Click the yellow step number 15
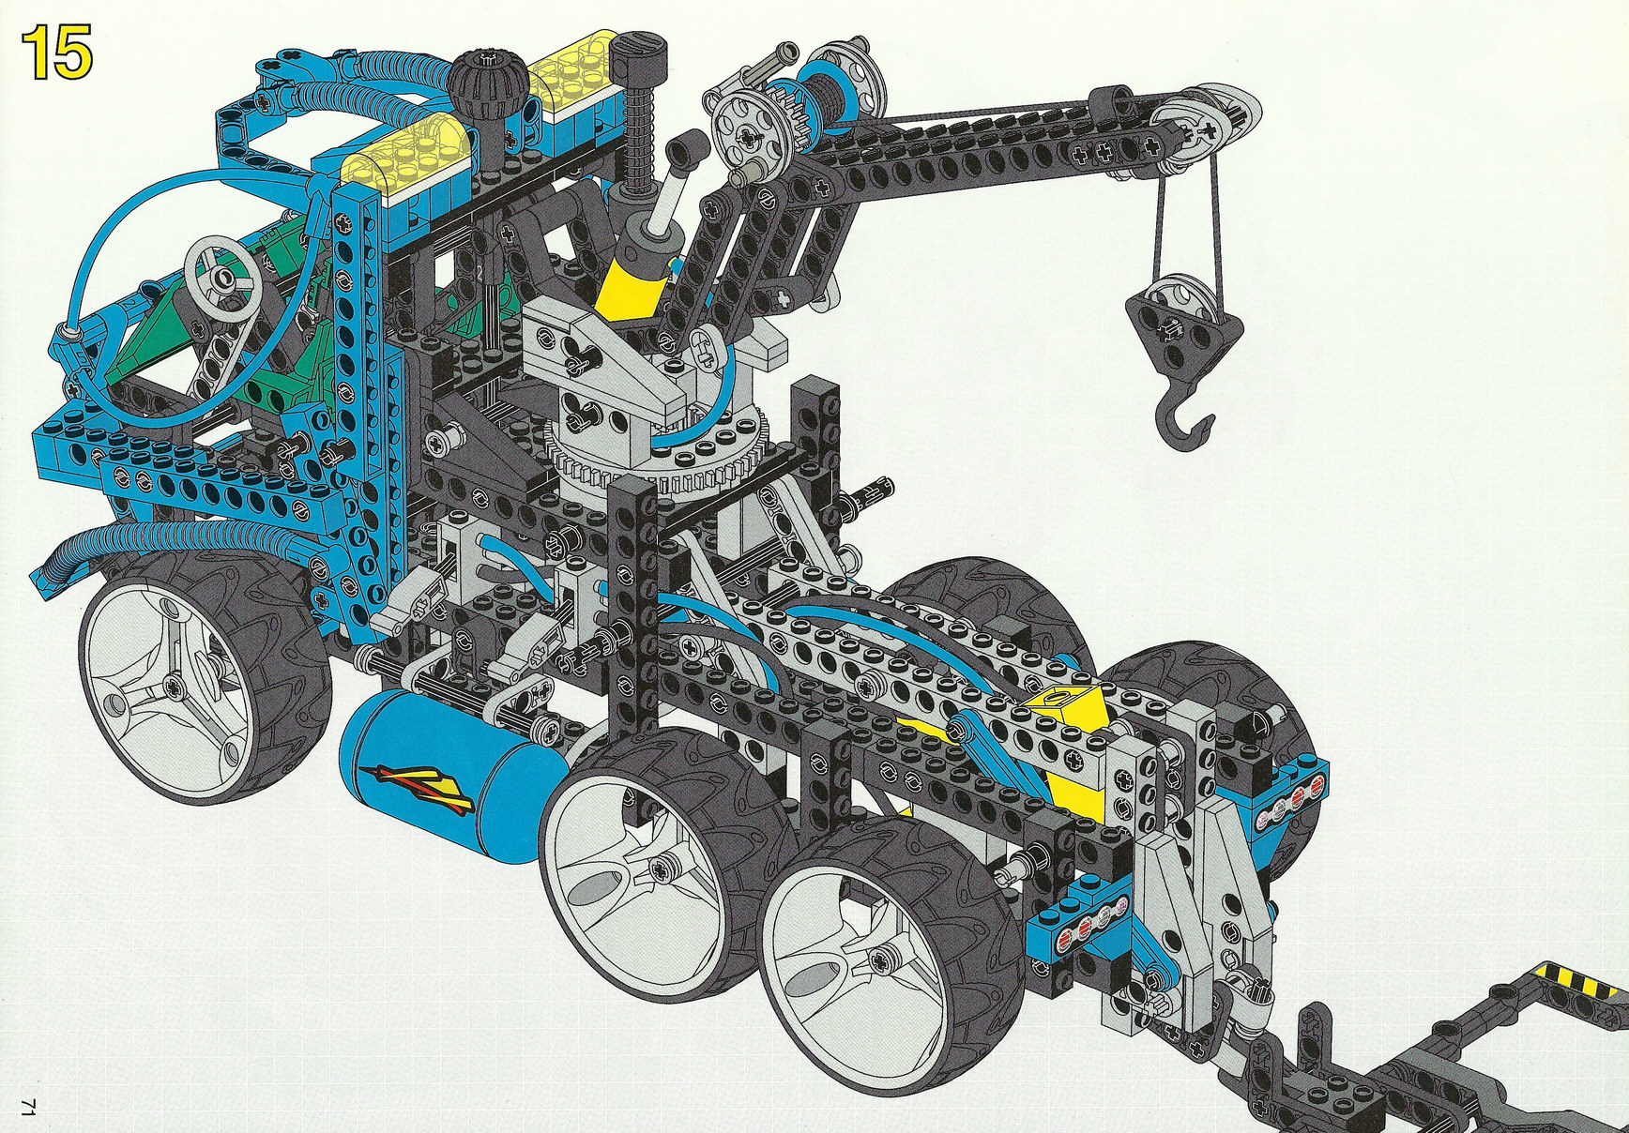click(57, 53)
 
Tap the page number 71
click(28, 1107)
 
